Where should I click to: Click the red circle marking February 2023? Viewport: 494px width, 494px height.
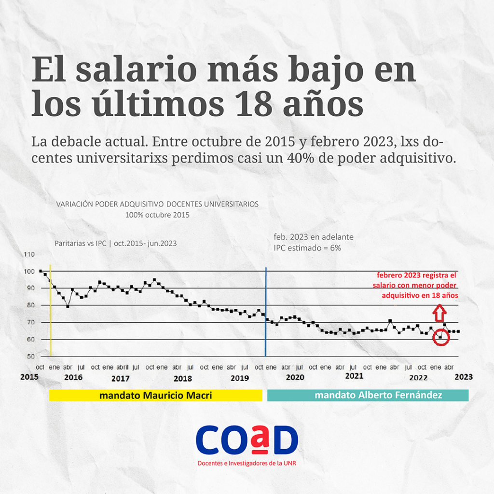440,337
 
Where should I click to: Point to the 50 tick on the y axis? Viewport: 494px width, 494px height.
30,357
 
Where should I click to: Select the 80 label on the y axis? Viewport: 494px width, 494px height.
30,305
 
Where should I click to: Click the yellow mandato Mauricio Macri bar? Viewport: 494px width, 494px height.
155,395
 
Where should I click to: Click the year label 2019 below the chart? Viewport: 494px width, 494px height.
240,378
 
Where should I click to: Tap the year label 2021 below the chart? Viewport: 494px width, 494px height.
355,376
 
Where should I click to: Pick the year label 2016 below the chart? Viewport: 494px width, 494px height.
73,377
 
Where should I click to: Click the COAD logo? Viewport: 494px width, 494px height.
247,440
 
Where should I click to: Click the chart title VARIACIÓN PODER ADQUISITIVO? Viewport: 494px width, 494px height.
157,204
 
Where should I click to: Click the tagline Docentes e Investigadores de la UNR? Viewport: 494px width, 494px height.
247,464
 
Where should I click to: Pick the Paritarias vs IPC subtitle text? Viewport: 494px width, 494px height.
116,244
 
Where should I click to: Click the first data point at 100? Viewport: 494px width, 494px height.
41,271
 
